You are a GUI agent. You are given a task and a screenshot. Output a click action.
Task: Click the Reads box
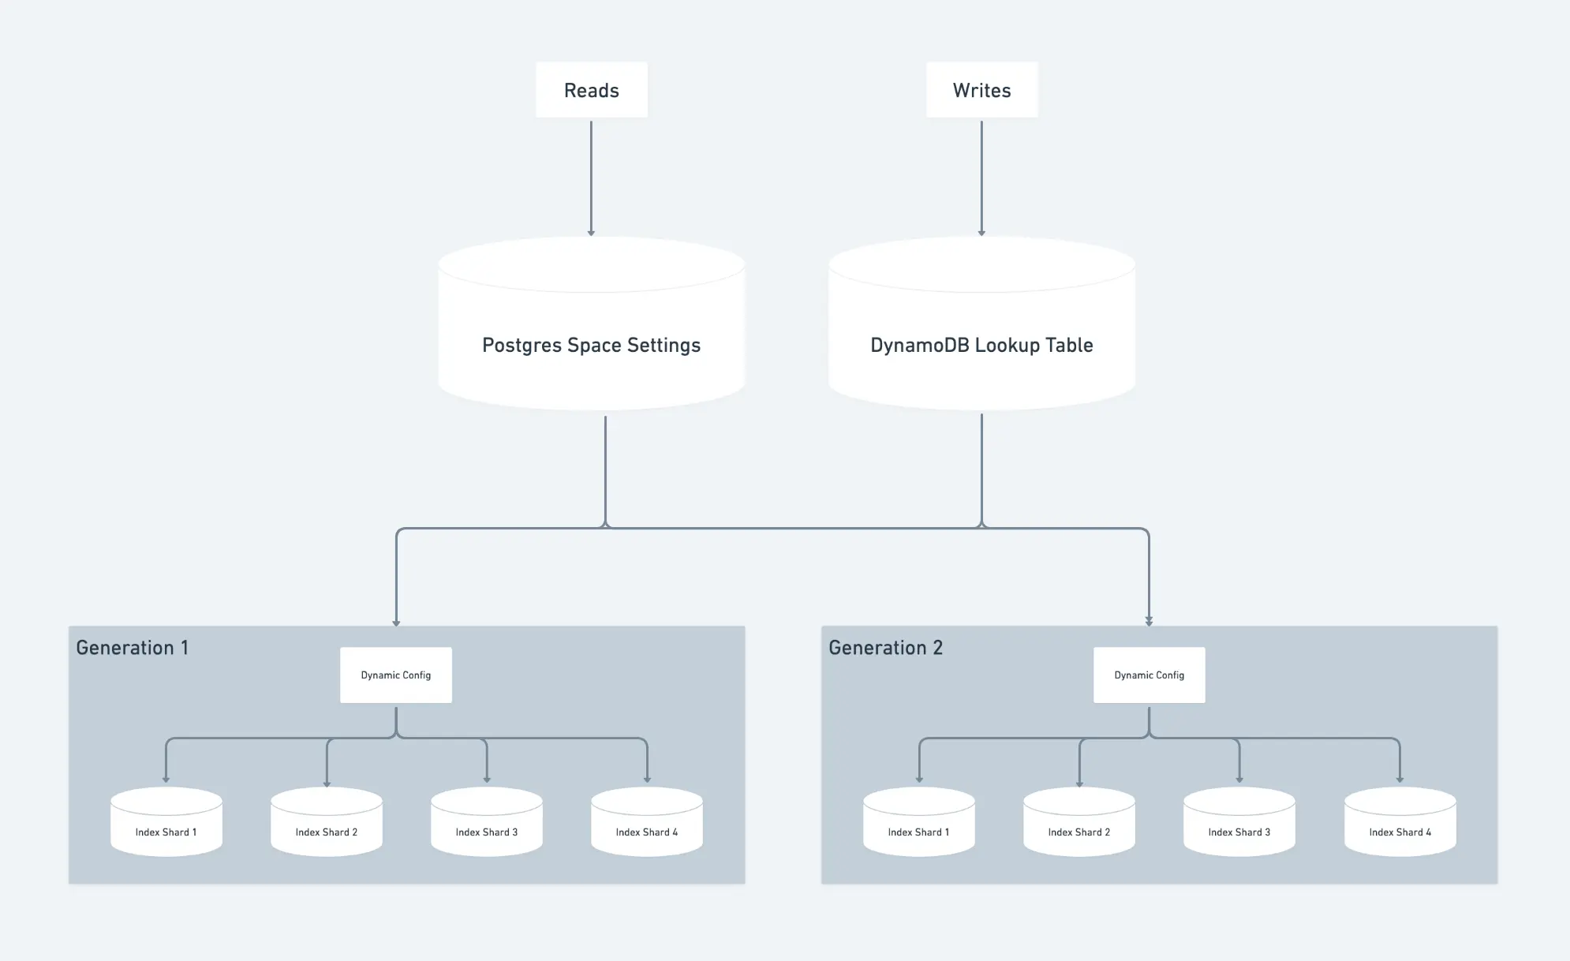tap(592, 90)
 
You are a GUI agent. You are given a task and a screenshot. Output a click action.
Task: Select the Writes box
tap(981, 90)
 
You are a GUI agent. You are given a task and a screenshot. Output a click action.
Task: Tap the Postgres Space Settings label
tap(592, 346)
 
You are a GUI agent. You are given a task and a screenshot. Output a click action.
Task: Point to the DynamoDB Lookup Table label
tap(981, 346)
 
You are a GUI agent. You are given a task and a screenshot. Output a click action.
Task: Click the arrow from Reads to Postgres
tap(591, 178)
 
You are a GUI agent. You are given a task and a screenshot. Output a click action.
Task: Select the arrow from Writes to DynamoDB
tap(981, 178)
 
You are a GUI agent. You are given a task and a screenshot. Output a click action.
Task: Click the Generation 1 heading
tap(133, 648)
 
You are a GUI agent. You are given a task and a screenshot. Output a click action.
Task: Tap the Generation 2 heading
tap(886, 648)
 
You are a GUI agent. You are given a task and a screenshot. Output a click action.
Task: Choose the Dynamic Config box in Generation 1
tap(396, 675)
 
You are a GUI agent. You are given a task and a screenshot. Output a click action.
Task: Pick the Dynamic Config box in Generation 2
tap(1149, 675)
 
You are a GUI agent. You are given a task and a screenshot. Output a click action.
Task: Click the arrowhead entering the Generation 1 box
tap(396, 623)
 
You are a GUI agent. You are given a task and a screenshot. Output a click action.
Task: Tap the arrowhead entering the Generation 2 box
tap(1149, 623)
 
